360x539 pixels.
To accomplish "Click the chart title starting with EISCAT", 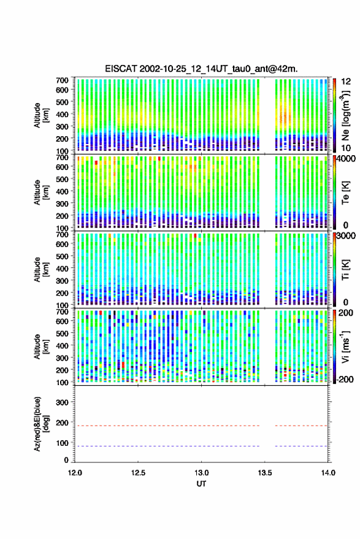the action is point(201,69).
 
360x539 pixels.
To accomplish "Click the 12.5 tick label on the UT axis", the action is point(138,473).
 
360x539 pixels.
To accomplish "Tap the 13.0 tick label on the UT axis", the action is point(201,473).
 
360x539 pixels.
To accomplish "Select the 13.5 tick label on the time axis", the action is point(264,473).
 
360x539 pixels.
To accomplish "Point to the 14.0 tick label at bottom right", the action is point(327,473).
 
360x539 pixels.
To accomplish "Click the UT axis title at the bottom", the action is point(201,484).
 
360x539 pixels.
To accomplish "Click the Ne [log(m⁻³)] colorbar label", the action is point(345,115).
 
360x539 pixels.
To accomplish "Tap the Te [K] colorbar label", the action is point(345,193).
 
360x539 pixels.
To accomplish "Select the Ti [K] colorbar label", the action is point(345,270).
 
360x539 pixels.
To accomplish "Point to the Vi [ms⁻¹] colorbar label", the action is point(345,346).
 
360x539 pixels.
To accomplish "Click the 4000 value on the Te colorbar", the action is point(347,159).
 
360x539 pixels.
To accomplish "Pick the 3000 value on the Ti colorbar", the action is point(347,236).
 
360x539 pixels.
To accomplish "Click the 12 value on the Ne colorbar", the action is point(347,82).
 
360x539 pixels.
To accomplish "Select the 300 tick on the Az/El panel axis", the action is point(63,402).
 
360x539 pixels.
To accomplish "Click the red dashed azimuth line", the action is point(201,426).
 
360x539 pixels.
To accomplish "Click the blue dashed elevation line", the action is point(201,446).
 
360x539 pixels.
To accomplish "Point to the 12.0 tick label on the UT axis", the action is point(75,473).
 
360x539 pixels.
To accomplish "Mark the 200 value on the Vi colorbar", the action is point(345,313).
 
